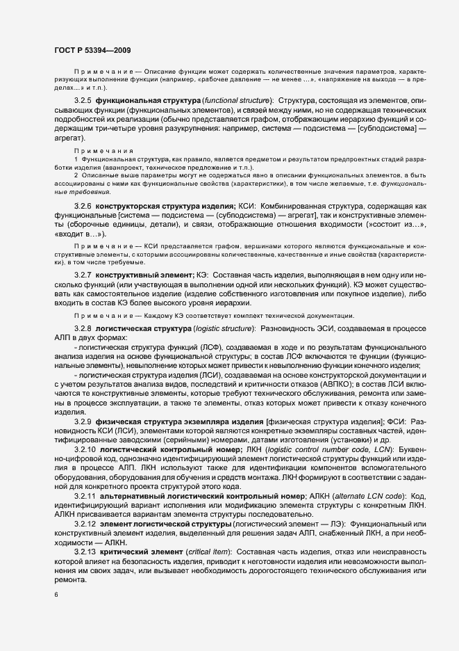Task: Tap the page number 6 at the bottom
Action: pos(56,595)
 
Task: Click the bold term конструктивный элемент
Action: pos(144,275)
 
